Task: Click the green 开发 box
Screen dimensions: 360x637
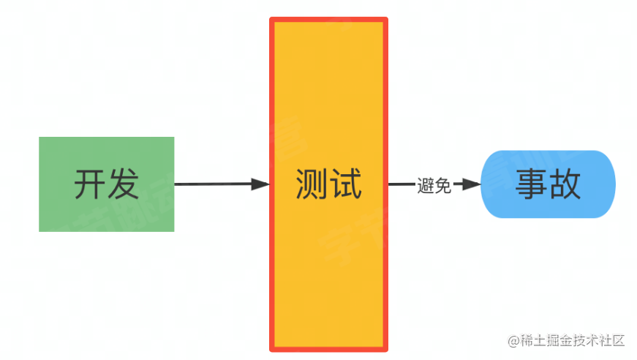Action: point(106,184)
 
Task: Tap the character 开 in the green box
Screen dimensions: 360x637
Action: point(89,184)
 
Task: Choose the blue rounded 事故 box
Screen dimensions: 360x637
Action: point(548,184)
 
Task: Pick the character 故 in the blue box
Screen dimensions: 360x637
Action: point(565,184)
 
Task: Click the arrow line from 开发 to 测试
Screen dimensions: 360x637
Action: point(212,184)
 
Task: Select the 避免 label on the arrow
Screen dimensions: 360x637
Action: point(434,185)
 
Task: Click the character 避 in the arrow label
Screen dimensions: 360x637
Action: point(426,185)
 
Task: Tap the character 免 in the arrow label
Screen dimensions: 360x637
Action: point(442,185)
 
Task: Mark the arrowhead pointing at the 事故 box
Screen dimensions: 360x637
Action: point(472,185)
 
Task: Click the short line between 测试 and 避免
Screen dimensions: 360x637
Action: point(401,185)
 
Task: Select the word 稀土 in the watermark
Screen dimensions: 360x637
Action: point(533,341)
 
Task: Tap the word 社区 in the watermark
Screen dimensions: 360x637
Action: point(612,341)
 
